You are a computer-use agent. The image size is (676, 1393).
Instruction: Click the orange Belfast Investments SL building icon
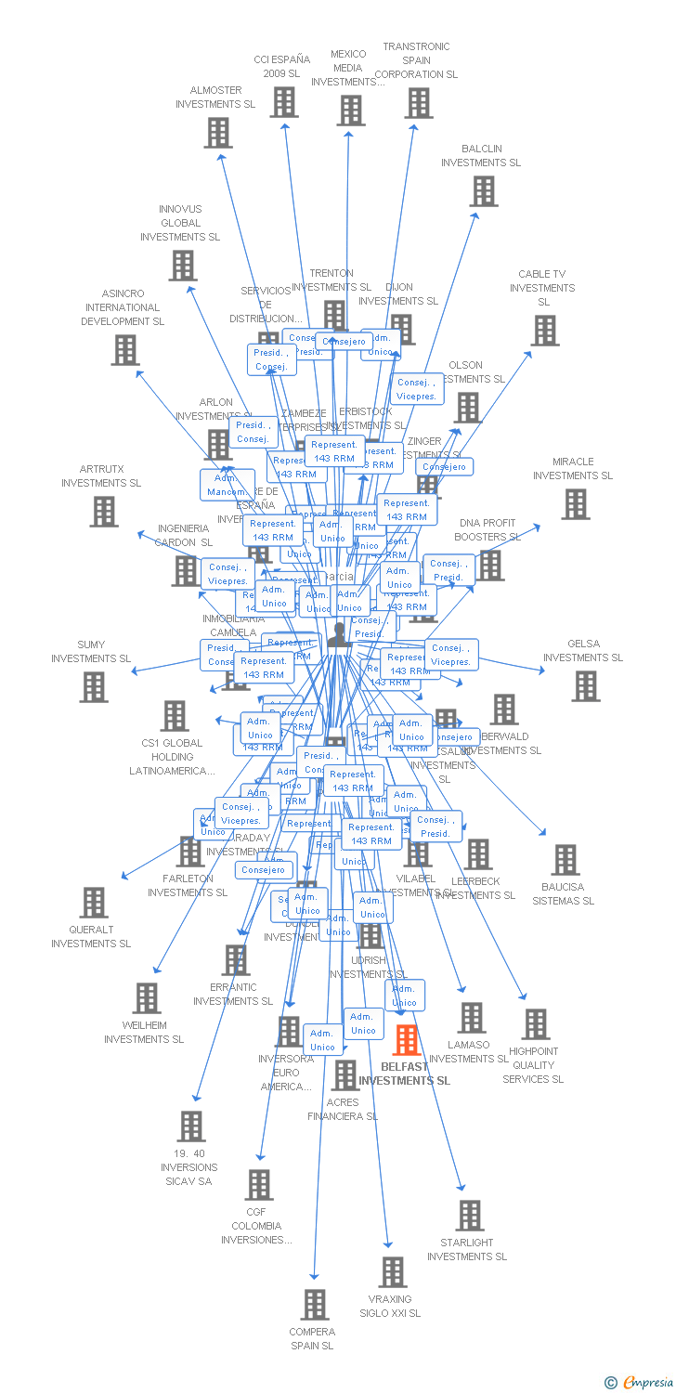[407, 1040]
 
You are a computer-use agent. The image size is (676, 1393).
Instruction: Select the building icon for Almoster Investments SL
[218, 133]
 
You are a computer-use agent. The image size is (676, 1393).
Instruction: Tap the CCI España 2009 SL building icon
[284, 102]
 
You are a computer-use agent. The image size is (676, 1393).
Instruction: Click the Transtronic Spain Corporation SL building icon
[419, 103]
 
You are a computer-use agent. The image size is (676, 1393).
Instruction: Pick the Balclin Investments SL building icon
[483, 191]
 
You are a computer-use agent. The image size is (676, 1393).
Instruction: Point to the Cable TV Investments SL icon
[545, 331]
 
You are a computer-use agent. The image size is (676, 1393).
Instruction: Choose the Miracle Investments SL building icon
[575, 504]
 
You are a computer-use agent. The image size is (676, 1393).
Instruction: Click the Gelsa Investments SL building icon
[586, 686]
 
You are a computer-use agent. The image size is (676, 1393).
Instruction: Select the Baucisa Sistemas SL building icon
[565, 860]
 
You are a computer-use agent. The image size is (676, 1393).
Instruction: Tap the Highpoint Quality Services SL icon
[535, 1024]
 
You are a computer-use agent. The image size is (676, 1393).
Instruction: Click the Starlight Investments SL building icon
[470, 1216]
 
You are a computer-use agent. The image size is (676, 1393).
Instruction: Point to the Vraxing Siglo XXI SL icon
[393, 1272]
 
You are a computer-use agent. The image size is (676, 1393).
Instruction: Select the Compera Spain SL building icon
[315, 1305]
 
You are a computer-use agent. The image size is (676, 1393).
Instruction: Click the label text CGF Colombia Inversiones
[256, 1226]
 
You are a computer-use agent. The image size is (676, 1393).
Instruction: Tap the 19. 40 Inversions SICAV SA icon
[191, 1126]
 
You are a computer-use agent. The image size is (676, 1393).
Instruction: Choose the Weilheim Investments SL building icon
[147, 998]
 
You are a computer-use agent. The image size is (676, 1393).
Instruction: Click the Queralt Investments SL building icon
[94, 903]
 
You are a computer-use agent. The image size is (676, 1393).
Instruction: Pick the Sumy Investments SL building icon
[94, 687]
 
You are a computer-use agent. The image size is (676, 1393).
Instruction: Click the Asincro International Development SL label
[123, 307]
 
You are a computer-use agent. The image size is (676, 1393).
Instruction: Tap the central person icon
[339, 634]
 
